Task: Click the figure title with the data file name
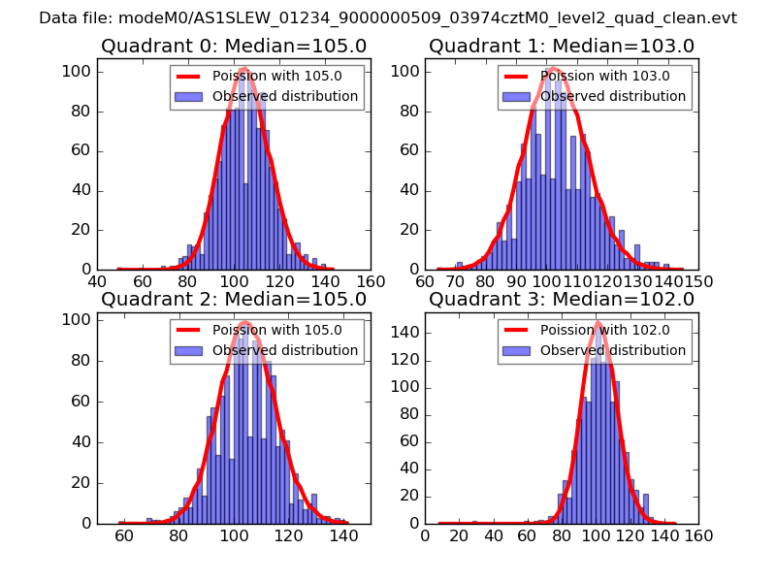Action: point(388,18)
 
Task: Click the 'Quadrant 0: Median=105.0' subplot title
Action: point(234,46)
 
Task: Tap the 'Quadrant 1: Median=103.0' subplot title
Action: point(562,46)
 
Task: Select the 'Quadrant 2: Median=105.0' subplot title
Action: point(234,299)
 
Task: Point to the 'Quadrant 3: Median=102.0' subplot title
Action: point(562,299)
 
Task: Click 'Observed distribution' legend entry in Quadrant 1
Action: point(613,97)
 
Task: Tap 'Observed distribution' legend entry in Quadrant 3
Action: point(613,350)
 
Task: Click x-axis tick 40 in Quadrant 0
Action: point(98,282)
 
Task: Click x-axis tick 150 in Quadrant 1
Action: point(698,282)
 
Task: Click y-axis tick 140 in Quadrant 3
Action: point(405,333)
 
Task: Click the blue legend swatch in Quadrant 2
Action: point(189,350)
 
